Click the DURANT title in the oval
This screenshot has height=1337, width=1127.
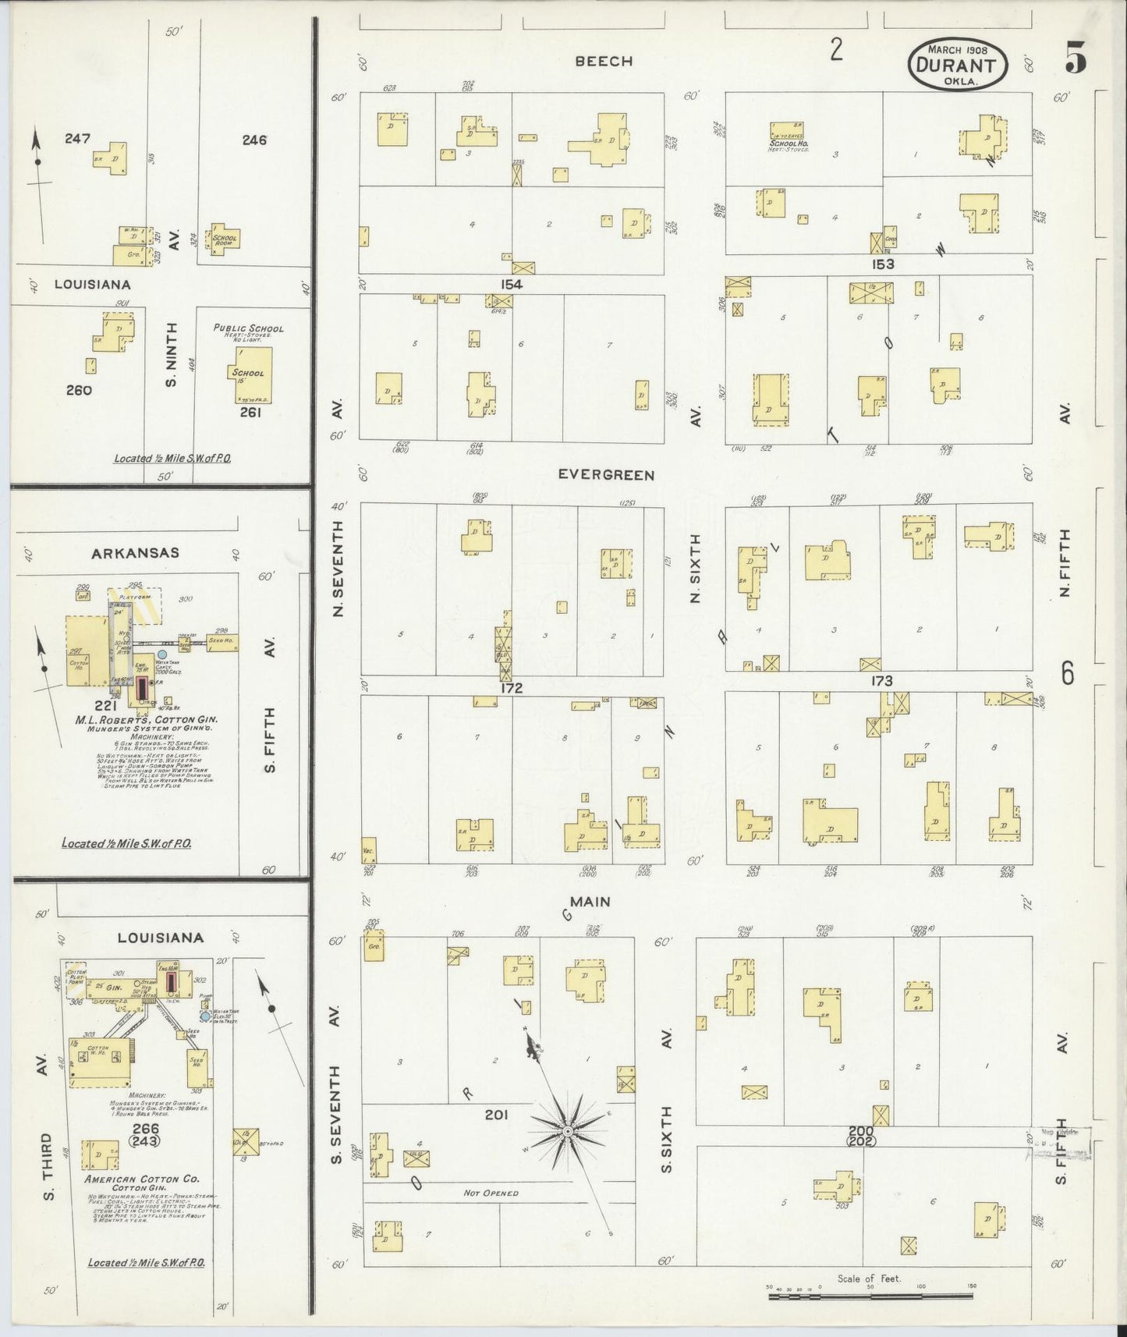point(957,66)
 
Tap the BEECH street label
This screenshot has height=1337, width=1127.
point(604,61)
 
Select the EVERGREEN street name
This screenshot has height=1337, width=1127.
point(606,474)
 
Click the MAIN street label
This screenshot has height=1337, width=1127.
point(590,902)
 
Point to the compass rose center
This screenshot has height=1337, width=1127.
point(569,1131)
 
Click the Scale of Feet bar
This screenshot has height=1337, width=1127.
point(870,1296)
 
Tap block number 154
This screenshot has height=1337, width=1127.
point(511,285)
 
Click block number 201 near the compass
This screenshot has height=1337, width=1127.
point(496,1115)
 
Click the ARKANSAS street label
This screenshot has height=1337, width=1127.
point(135,553)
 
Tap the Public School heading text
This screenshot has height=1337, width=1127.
point(249,328)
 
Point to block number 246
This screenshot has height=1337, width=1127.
point(254,140)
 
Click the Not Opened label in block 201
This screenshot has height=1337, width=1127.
point(491,1193)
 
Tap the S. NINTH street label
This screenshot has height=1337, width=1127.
point(172,353)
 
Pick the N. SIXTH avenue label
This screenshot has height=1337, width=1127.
point(696,568)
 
